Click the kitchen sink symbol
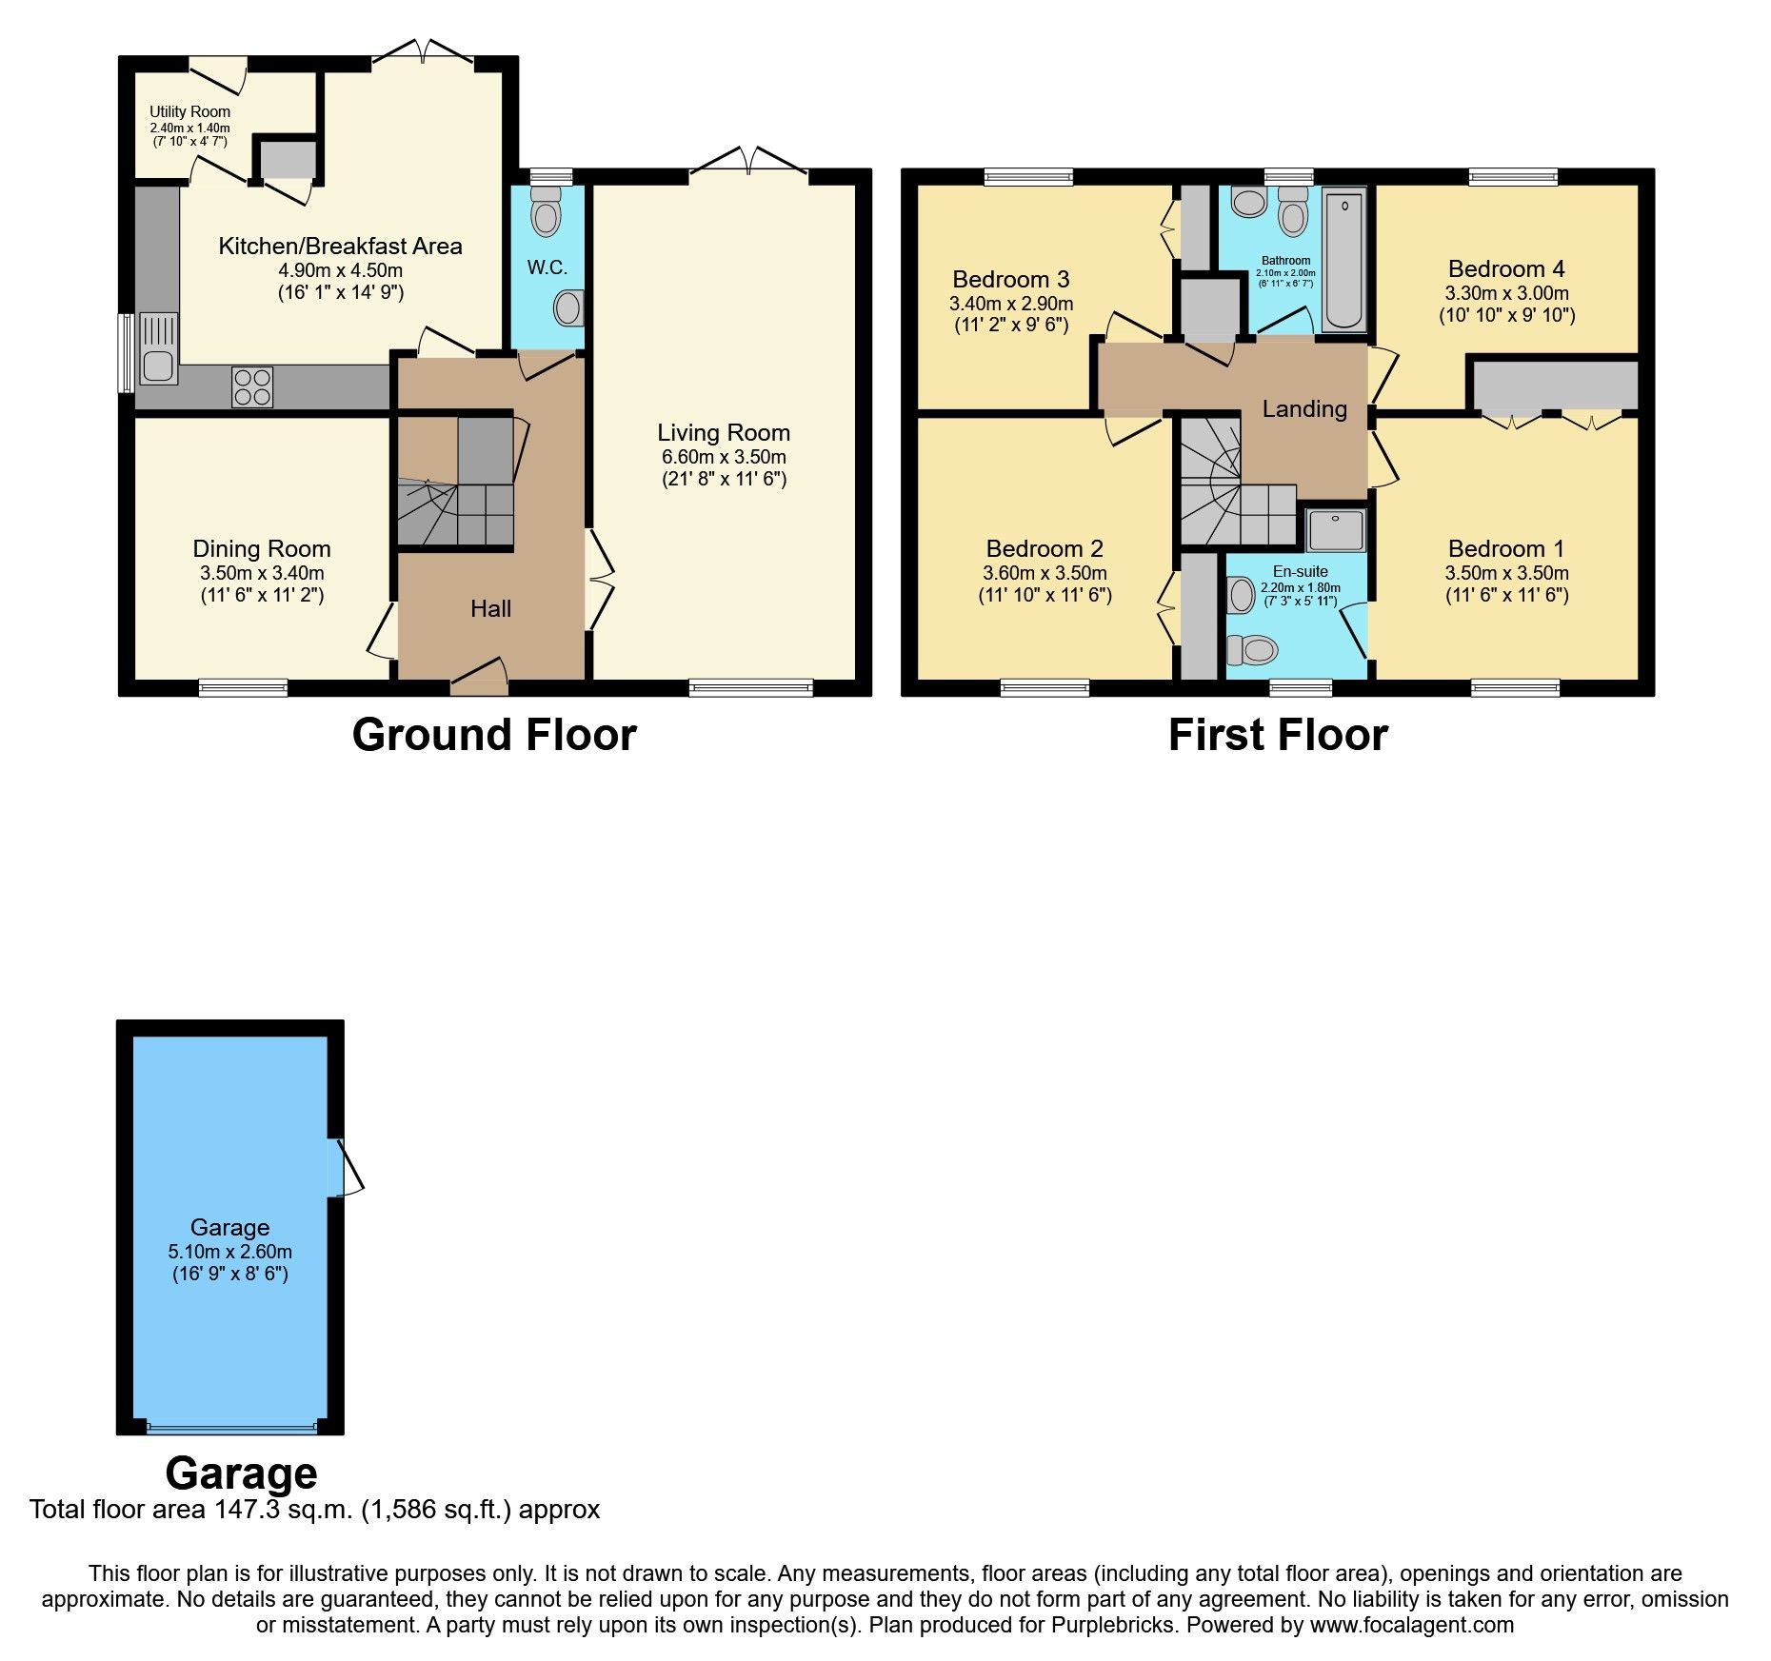pyautogui.click(x=158, y=349)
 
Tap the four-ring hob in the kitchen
pyautogui.click(x=252, y=387)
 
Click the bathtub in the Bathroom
pyautogui.click(x=1343, y=259)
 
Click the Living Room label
pyautogui.click(x=724, y=433)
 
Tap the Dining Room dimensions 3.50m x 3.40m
pyautogui.click(x=262, y=573)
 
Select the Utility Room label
pyautogui.click(x=189, y=112)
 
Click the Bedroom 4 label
pyautogui.click(x=1506, y=269)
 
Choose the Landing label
pyautogui.click(x=1304, y=409)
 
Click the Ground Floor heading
pyautogui.click(x=494, y=735)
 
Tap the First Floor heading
pyautogui.click(x=1278, y=735)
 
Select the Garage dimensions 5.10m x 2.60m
pyautogui.click(x=229, y=1252)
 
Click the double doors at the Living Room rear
pyautogui.click(x=749, y=164)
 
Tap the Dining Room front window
pyautogui.click(x=243, y=687)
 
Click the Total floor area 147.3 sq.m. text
pyautogui.click(x=314, y=1510)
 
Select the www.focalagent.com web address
pyautogui.click(x=1412, y=1625)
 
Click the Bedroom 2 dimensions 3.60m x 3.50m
pyautogui.click(x=1045, y=573)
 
